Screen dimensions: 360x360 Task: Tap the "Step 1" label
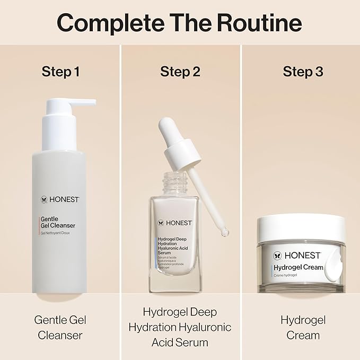[x=60, y=72]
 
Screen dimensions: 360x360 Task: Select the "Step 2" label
[x=180, y=72]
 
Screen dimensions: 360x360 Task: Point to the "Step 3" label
[x=303, y=72]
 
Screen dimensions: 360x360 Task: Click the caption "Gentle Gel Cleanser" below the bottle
[x=60, y=327]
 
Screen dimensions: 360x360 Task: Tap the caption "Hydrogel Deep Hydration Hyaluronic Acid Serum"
[x=180, y=327]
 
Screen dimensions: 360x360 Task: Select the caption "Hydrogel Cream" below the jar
[x=303, y=327]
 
